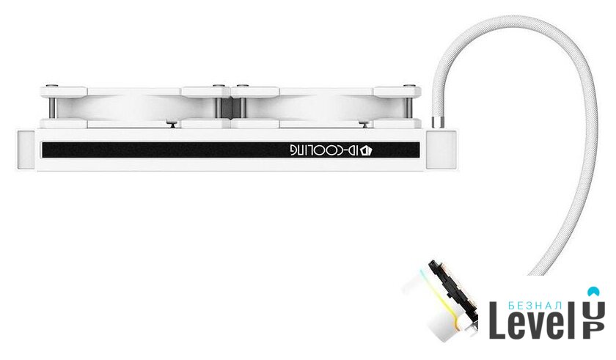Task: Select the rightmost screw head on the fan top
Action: pos(409,85)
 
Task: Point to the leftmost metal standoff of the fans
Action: pos(52,108)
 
